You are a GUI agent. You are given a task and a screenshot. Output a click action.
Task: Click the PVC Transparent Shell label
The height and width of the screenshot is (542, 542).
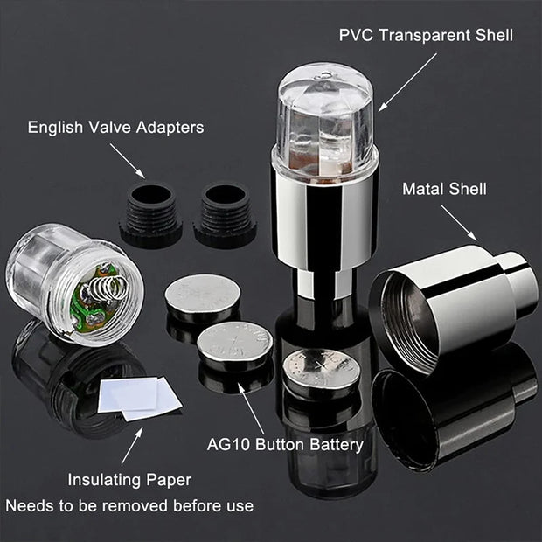click(426, 36)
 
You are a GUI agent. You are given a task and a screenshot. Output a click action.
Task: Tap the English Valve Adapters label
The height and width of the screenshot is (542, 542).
click(115, 128)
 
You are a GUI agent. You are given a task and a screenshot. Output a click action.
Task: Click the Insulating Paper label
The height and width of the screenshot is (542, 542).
click(129, 479)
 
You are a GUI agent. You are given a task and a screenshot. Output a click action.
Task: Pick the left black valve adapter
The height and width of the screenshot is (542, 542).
click(150, 213)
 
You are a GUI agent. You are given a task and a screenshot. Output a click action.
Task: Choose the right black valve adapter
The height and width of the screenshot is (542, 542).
click(225, 213)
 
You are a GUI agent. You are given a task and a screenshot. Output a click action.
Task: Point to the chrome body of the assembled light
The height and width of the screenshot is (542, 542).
click(324, 214)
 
